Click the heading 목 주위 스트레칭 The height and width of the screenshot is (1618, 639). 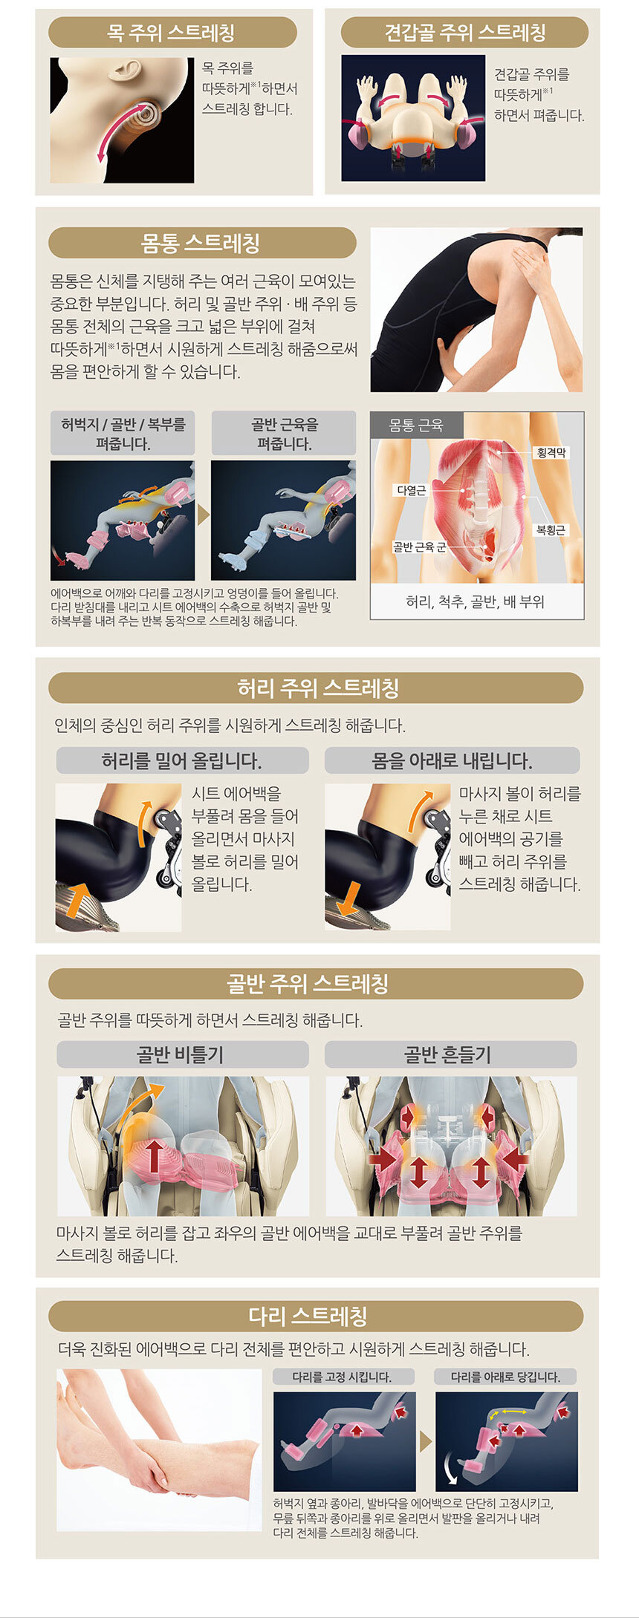coord(172,33)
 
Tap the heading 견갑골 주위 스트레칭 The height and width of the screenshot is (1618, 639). coord(464,33)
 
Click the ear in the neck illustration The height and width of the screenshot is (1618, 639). coord(125,70)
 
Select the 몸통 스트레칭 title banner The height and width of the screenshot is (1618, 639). coord(201,243)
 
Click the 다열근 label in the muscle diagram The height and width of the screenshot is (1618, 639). coord(411,490)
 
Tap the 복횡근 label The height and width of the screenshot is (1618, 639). coord(551,529)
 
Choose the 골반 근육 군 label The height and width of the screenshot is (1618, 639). coord(419,547)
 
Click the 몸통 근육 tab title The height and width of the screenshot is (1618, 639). coord(416,425)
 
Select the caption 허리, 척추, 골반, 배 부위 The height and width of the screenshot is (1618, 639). coord(476,601)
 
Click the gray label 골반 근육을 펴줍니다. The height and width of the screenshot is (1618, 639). coord(284,434)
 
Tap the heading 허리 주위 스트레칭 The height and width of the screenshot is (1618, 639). coord(318,688)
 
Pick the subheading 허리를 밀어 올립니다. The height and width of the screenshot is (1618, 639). coord(181,761)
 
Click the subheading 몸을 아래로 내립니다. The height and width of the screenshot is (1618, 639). coord(452,761)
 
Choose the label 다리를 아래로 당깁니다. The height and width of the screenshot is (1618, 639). coord(505,1377)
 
